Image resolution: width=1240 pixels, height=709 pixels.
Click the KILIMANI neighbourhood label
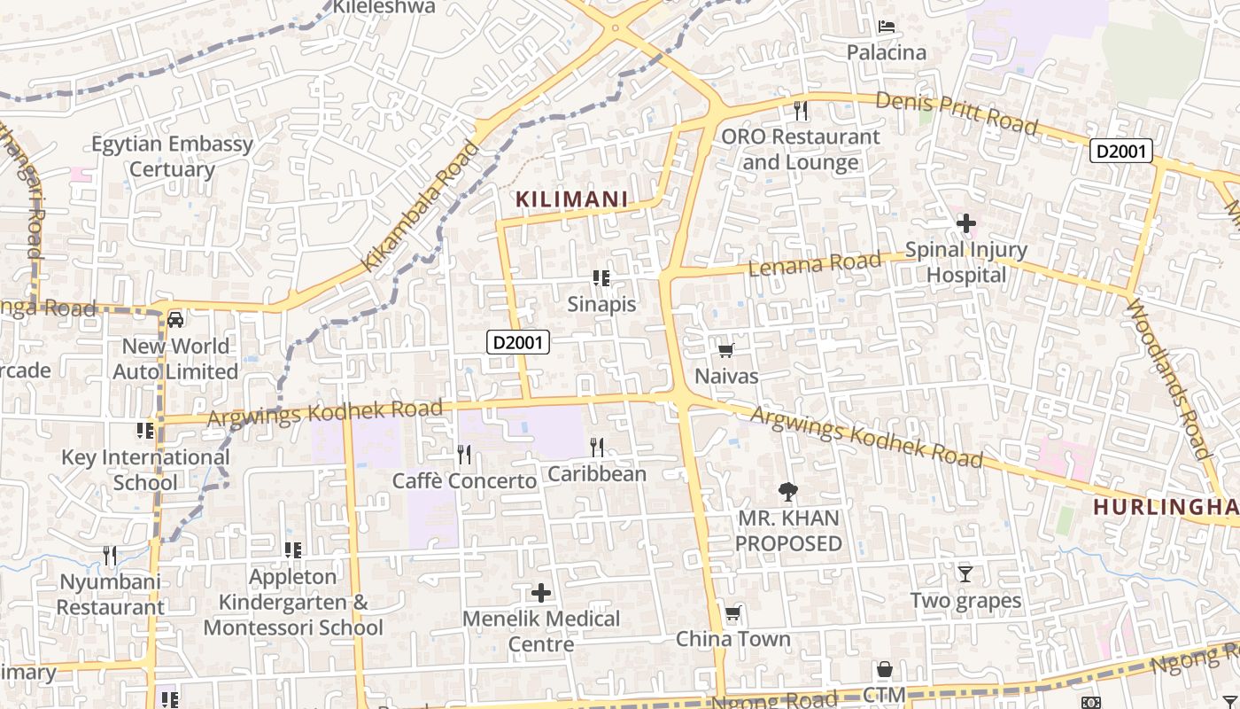571,199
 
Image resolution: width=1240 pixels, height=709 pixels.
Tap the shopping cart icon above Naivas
726,350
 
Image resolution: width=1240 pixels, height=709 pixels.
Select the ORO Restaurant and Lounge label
801,150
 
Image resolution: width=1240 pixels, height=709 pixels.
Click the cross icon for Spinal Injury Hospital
966,223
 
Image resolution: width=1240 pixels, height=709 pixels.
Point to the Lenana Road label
816,263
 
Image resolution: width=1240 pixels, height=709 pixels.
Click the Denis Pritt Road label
956,113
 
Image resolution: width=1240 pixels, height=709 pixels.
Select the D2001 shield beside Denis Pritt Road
1121,151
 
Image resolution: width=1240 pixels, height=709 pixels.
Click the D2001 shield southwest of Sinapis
518,342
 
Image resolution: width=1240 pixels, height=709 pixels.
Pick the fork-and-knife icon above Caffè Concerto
464,455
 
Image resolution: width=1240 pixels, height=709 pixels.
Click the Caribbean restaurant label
597,474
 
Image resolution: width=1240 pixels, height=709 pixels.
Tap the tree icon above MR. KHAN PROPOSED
787,492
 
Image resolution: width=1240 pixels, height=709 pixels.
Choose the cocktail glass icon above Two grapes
965,574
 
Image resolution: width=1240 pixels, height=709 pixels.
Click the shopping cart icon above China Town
732,613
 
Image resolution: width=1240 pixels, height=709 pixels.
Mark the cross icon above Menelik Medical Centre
541,592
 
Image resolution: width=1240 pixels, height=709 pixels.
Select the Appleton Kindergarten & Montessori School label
293,602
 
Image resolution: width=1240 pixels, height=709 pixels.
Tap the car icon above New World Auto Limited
175,319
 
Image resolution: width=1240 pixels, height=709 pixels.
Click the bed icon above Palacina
886,27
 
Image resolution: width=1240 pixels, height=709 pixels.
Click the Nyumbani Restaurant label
111,595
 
